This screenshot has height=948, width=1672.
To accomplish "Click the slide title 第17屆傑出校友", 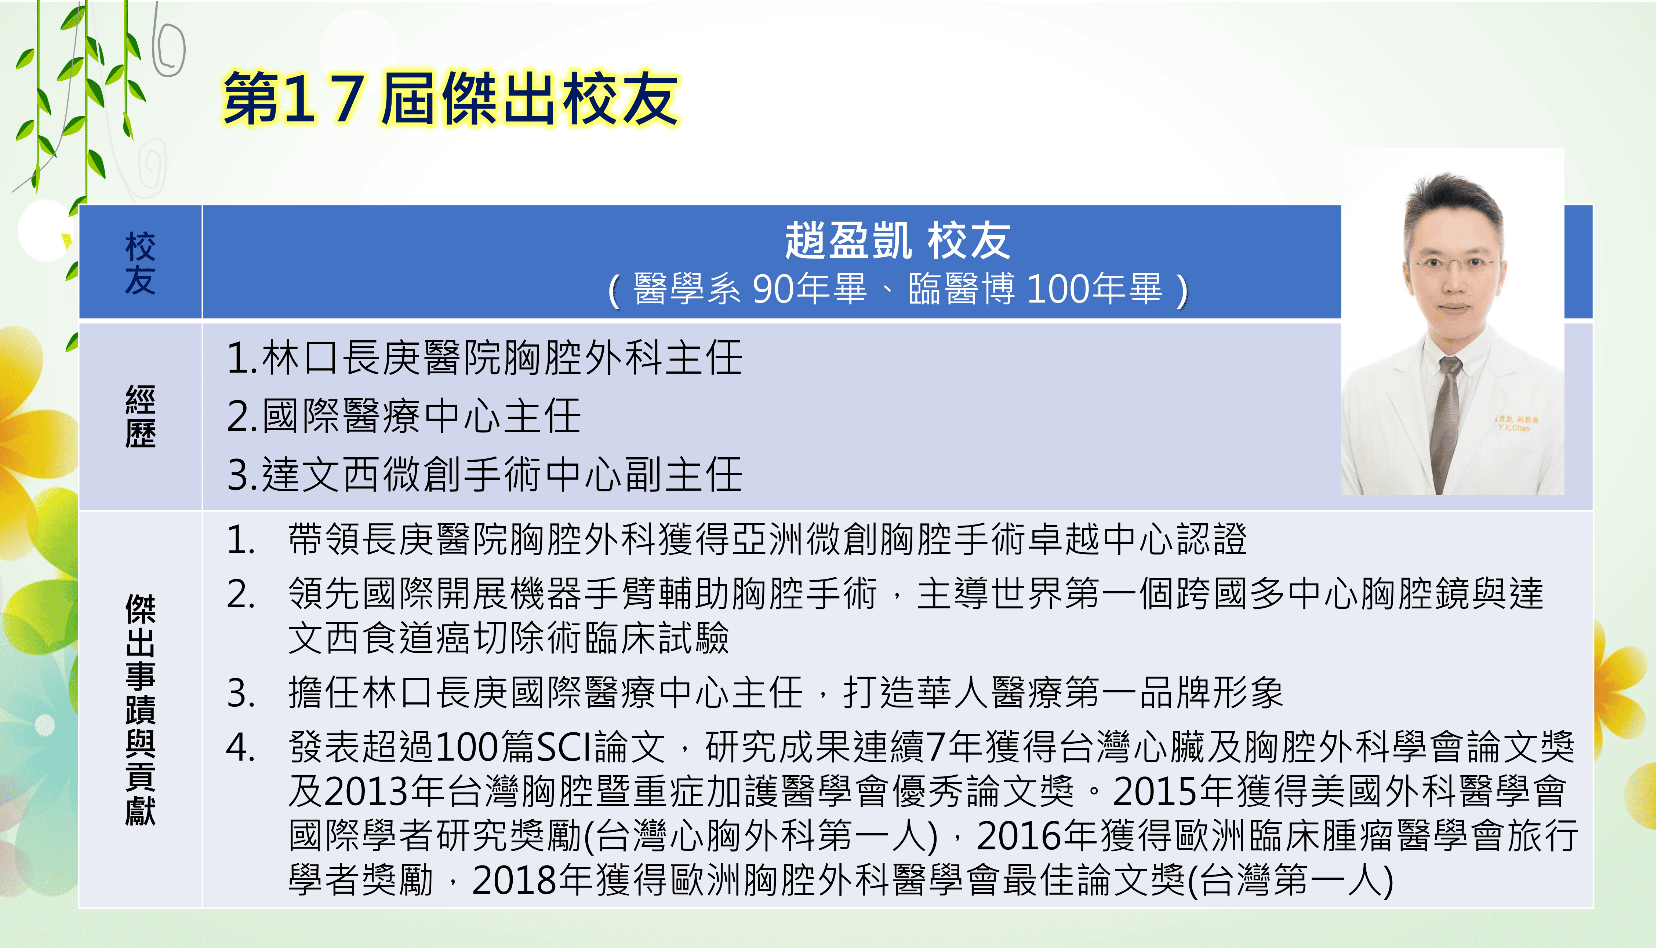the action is [x=451, y=99].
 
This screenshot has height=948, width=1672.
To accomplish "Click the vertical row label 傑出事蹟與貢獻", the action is [x=140, y=710].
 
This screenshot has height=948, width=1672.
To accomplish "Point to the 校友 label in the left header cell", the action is [x=140, y=263].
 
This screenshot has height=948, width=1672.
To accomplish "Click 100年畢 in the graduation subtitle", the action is [x=1094, y=289].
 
